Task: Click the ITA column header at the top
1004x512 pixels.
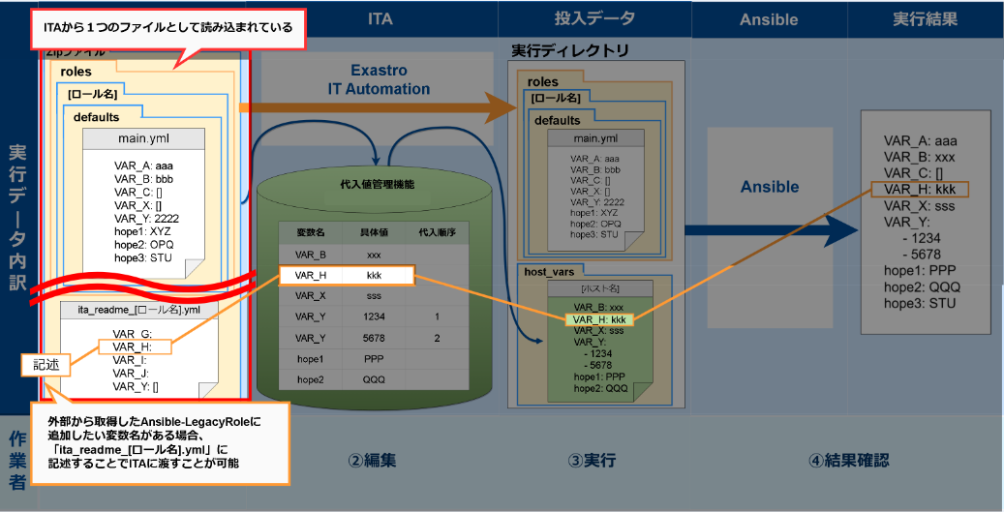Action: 380,19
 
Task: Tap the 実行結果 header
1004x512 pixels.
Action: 926,19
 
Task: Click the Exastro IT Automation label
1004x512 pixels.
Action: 378,79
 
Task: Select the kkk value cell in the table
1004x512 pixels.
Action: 374,276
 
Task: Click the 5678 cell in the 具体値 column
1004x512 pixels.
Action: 374,339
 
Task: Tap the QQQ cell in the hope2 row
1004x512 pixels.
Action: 374,380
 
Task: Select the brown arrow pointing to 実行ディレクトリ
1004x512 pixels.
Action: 378,109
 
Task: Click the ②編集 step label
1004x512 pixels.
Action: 373,461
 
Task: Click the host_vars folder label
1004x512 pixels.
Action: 550,272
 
